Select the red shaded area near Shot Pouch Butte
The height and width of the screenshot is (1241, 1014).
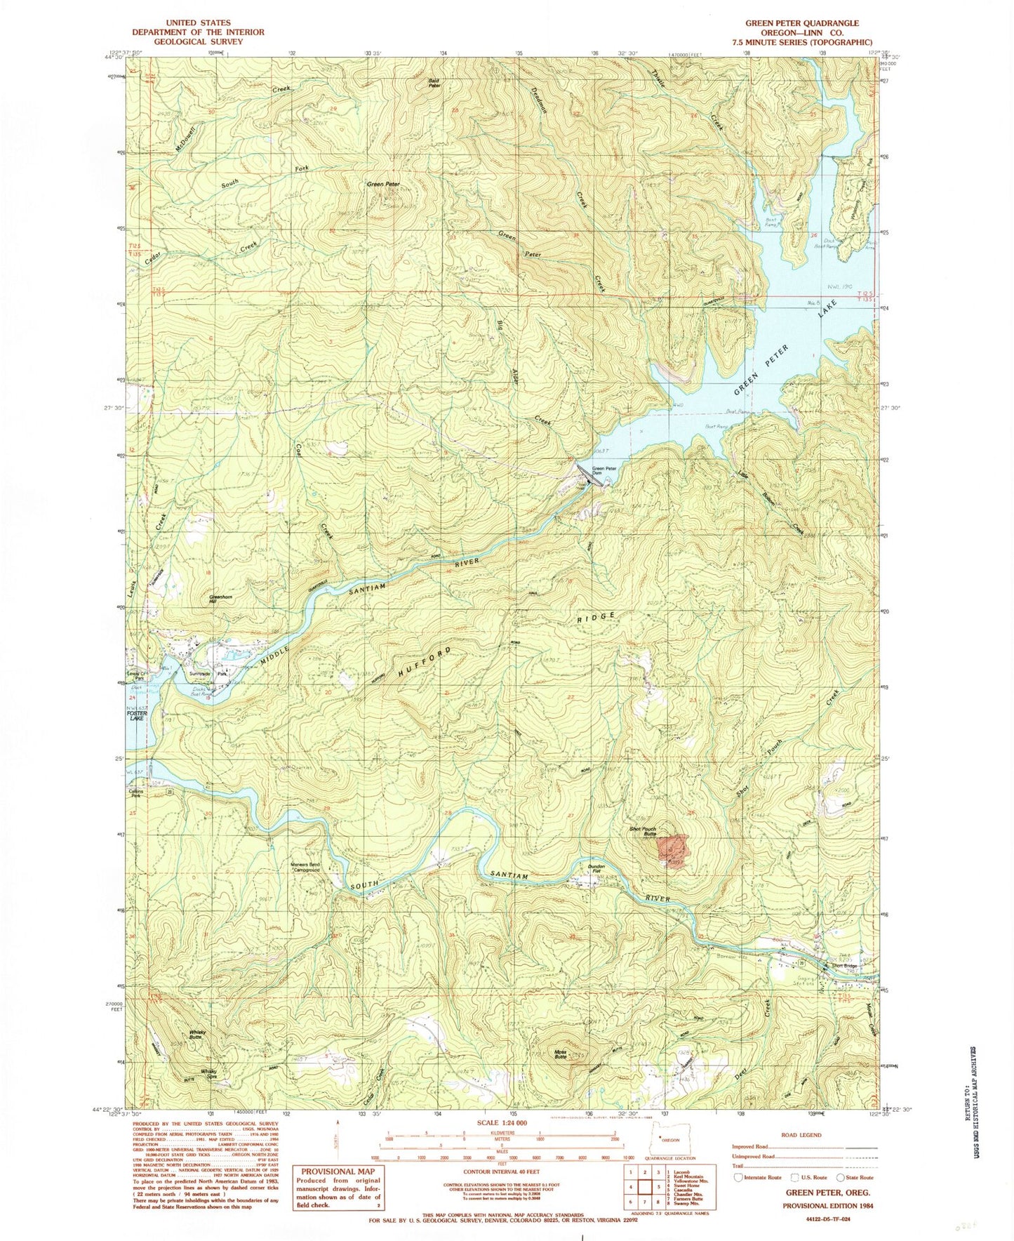click(671, 851)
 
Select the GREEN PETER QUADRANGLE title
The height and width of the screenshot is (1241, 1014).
click(801, 23)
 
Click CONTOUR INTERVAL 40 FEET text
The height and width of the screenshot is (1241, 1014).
click(499, 1171)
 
